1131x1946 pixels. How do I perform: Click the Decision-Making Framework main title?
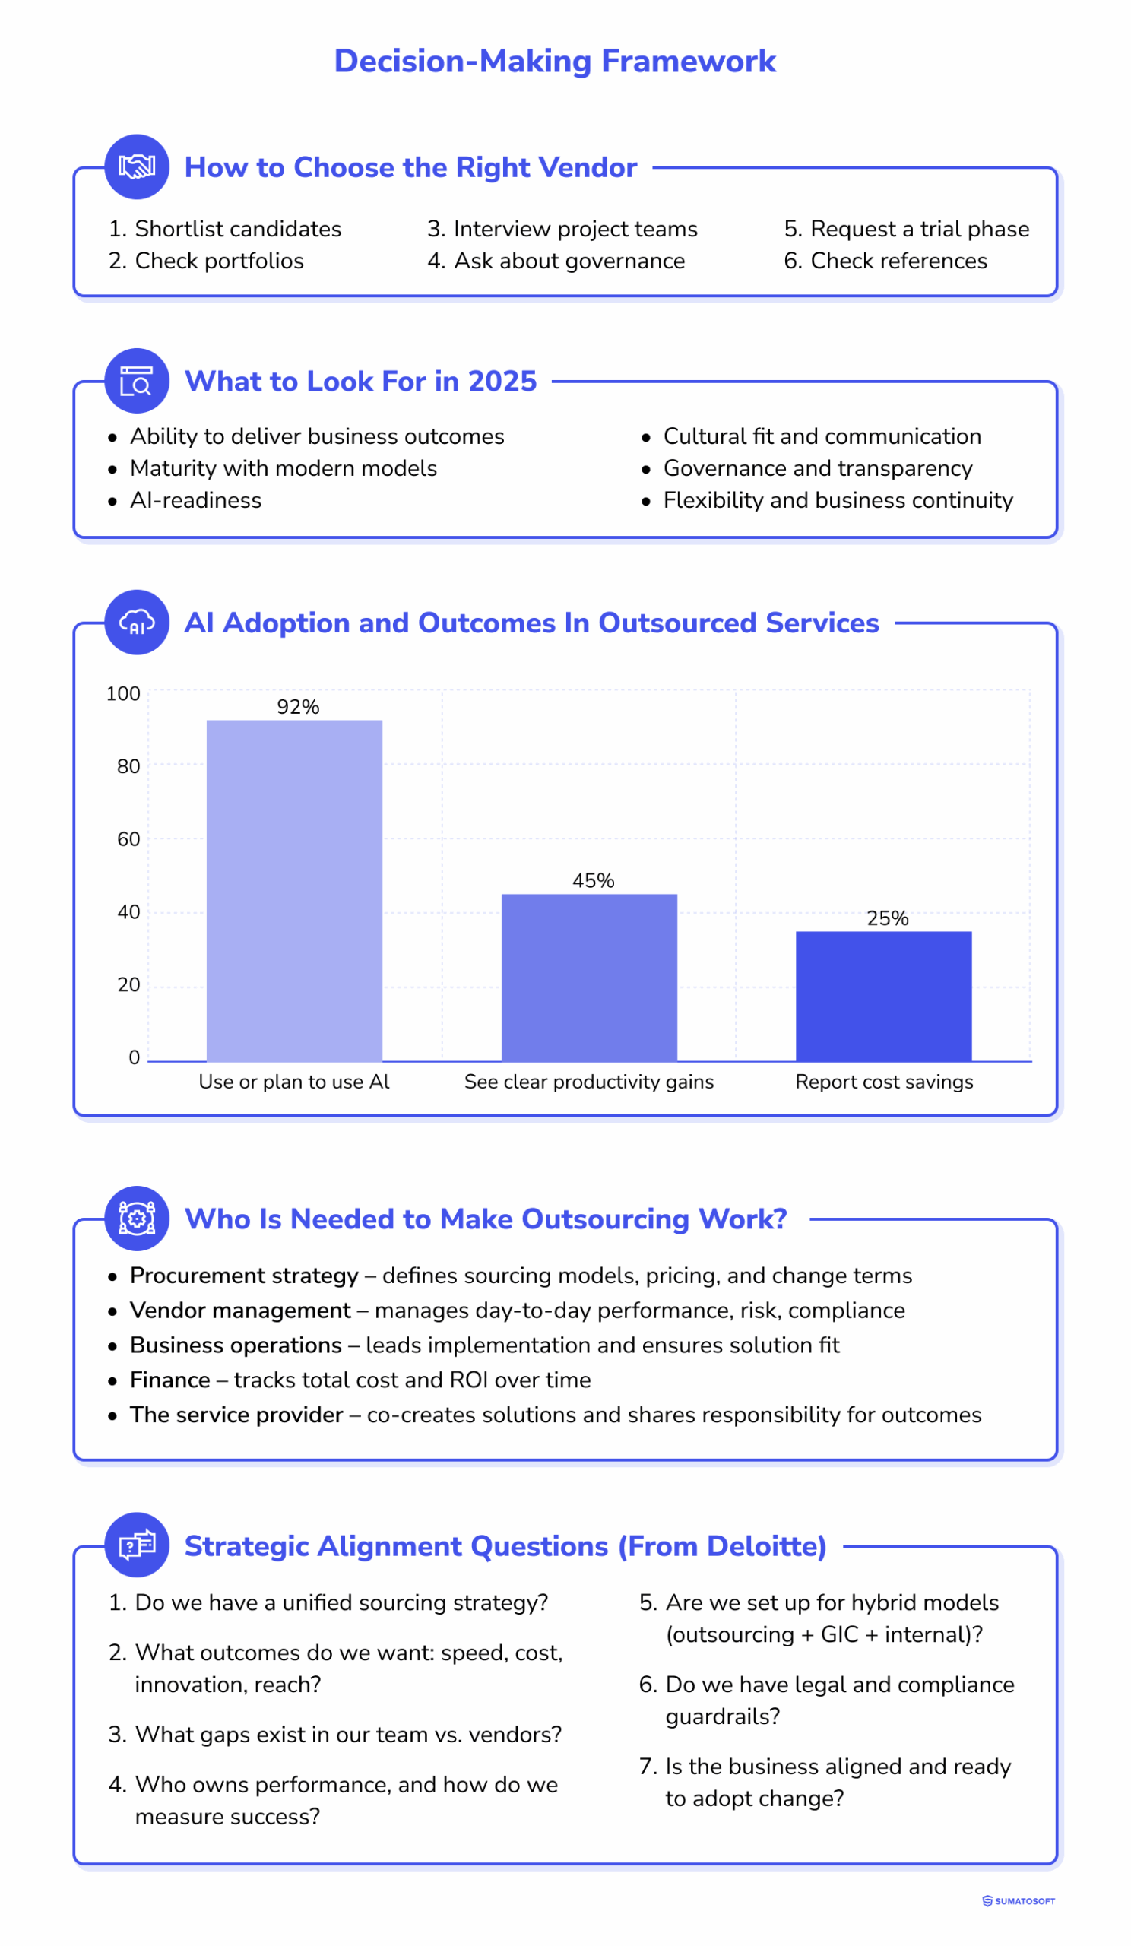click(554, 61)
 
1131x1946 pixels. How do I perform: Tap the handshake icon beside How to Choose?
click(137, 166)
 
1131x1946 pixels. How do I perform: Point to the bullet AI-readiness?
click(195, 500)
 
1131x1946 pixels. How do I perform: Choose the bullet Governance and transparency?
click(818, 468)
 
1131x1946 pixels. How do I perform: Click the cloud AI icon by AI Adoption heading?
click(137, 623)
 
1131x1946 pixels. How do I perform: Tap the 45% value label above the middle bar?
click(593, 880)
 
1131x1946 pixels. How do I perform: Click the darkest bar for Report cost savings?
click(883, 996)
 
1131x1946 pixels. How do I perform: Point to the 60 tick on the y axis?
click(128, 838)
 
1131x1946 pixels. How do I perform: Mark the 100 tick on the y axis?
click(122, 693)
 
